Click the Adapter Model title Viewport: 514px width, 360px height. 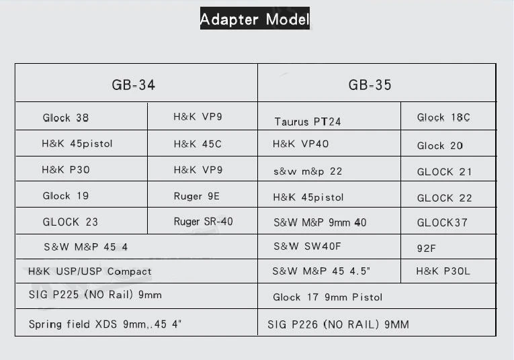[x=255, y=19]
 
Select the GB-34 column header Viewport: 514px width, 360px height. [x=134, y=85]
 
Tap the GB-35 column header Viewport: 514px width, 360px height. [x=370, y=85]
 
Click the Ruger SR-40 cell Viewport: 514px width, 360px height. [x=203, y=222]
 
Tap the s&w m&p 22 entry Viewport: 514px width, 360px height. [x=308, y=171]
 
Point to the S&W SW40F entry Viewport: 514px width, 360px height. [x=307, y=246]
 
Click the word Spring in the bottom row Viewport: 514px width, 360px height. [x=45, y=324]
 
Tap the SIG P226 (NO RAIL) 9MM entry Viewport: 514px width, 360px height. [x=338, y=324]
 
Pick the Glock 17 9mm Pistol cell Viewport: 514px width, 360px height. [x=327, y=297]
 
